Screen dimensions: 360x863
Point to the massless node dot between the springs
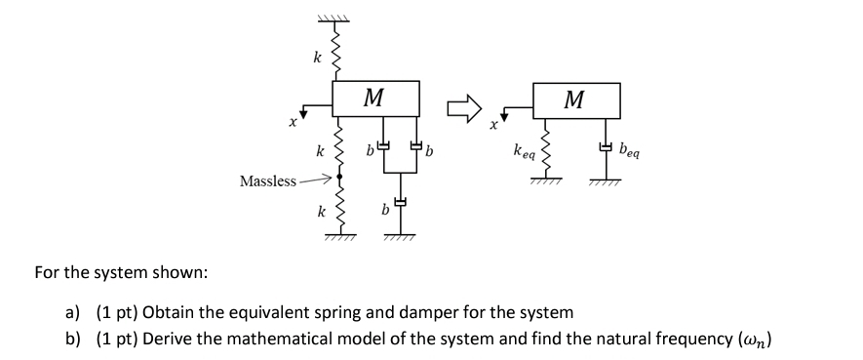(x=338, y=177)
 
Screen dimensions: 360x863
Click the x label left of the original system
(x=291, y=124)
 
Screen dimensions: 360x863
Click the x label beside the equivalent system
(x=493, y=125)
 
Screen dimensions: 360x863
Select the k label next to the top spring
(x=316, y=59)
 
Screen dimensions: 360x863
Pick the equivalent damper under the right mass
(x=608, y=148)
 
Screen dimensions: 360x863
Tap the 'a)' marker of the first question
(x=72, y=313)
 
